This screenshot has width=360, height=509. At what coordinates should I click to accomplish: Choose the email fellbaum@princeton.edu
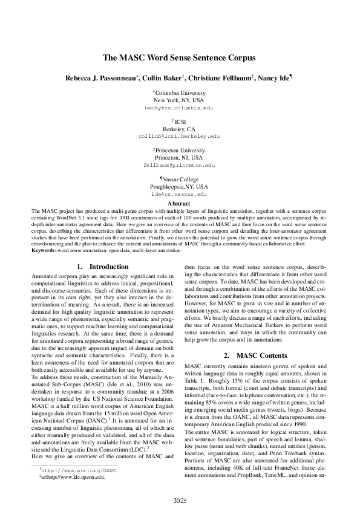click(x=179, y=164)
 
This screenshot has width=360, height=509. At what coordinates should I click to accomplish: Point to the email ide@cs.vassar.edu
click(x=179, y=195)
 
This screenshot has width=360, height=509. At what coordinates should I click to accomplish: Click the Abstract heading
click(x=179, y=204)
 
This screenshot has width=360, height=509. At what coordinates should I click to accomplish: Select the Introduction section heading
click(x=103, y=267)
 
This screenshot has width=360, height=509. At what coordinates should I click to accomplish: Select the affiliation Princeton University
click(x=179, y=149)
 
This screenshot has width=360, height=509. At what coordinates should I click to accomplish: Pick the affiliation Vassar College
click(x=180, y=180)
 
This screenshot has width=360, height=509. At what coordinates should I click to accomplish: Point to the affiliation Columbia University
click(x=180, y=93)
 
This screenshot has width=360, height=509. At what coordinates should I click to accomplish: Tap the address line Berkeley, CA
click(x=179, y=129)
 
